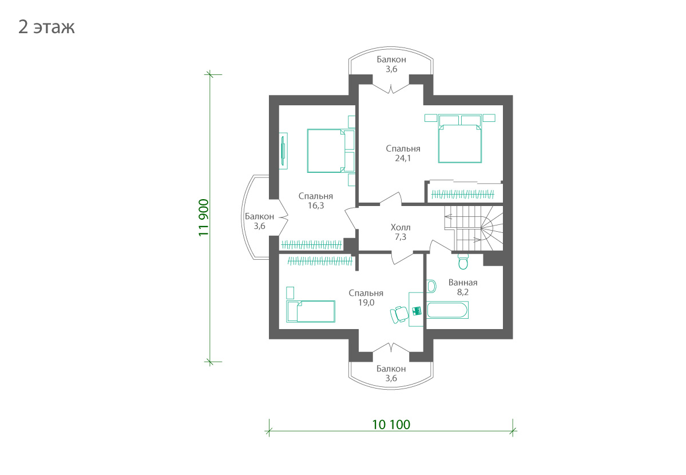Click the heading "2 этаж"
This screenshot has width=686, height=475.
(x=46, y=27)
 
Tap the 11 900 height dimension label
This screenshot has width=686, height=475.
(x=204, y=217)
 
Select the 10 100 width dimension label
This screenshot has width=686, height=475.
(x=391, y=424)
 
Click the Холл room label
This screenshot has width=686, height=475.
(x=401, y=227)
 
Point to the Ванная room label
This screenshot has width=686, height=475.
(x=463, y=282)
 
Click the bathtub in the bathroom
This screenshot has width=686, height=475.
(x=447, y=310)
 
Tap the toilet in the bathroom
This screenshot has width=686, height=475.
(x=463, y=261)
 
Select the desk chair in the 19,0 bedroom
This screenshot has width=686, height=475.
(x=399, y=314)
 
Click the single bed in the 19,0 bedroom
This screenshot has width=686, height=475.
(x=311, y=311)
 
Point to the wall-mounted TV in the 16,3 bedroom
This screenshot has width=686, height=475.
(x=284, y=151)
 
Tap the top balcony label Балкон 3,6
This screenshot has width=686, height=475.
(x=391, y=64)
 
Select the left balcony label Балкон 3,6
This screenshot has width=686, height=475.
(x=259, y=221)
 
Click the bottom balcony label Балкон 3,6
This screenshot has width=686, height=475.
(x=391, y=374)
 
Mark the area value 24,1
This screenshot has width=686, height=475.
(x=403, y=158)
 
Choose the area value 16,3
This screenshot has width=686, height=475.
(x=316, y=205)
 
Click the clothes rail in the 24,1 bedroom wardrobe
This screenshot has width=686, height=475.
(x=463, y=194)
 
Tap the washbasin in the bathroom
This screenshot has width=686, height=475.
(x=431, y=286)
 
